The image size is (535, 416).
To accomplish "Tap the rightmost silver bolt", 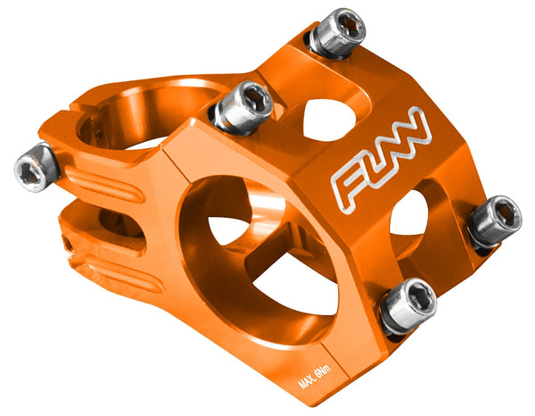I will click(x=494, y=220).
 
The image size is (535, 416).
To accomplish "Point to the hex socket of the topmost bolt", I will click(x=350, y=28).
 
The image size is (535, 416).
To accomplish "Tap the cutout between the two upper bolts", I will click(x=327, y=117).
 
